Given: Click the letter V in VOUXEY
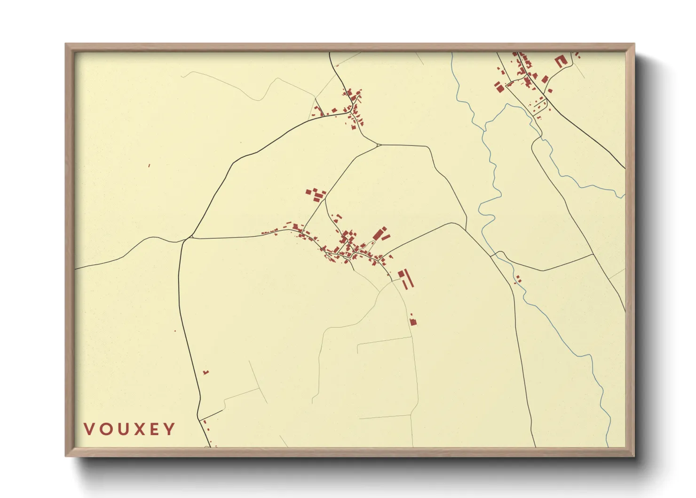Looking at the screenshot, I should [x=88, y=429].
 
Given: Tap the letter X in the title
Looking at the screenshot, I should [x=138, y=429].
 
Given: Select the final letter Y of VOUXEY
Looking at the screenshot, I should [x=169, y=429].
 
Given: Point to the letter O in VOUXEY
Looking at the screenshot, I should [x=105, y=429].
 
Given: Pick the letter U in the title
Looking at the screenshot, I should [x=122, y=429].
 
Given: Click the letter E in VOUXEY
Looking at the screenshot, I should [x=154, y=429].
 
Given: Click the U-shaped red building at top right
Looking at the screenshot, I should [x=560, y=61].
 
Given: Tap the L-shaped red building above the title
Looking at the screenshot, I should [x=206, y=372].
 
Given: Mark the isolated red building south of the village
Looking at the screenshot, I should [x=413, y=321].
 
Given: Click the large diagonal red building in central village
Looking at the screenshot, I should [x=379, y=233].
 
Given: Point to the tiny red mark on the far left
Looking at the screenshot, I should [x=149, y=165].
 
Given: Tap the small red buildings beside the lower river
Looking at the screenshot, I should [x=518, y=279].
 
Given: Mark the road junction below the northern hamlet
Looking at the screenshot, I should [x=378, y=145].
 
